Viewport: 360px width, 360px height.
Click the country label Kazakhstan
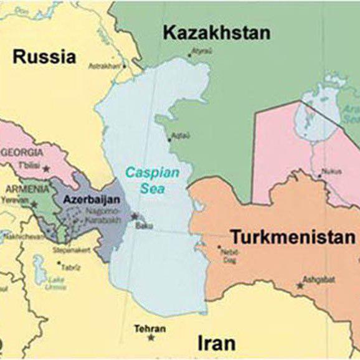217,34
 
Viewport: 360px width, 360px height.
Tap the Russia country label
44,57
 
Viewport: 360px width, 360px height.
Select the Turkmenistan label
293,237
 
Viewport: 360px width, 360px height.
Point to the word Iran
216,343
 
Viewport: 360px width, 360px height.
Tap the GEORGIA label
23,152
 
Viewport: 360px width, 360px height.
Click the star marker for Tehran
151,337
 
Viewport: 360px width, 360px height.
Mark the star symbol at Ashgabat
300,285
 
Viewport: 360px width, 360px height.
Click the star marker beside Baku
135,216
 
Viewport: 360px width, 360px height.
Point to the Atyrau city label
201,50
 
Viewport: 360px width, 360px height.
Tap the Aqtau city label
179,135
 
